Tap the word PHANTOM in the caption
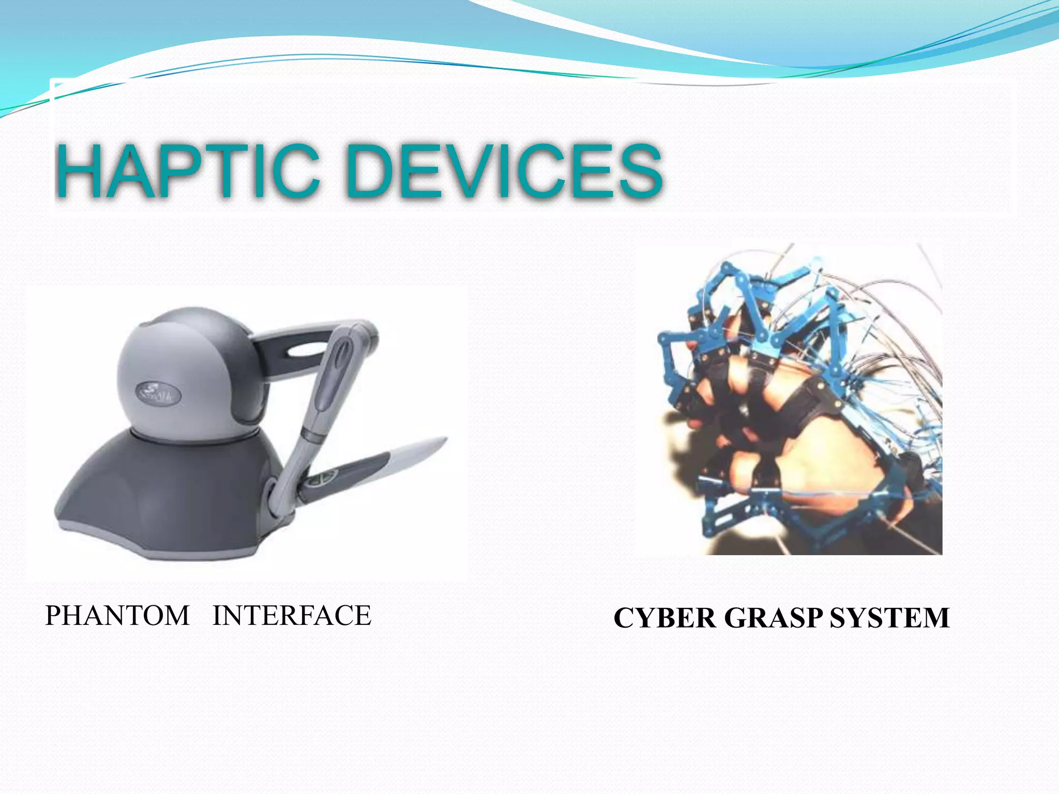[x=117, y=616]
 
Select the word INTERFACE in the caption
[x=292, y=616]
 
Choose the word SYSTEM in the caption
[x=889, y=618]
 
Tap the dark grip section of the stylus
[x=352, y=468]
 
